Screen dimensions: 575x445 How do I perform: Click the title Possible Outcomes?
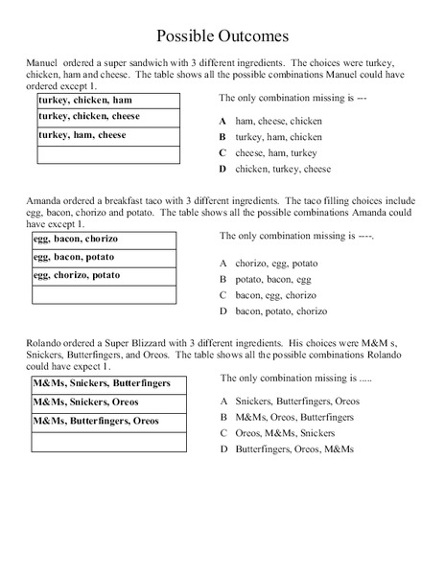pos(222,37)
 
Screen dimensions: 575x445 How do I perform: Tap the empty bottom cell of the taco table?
pos(105,294)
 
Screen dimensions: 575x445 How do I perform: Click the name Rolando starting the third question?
pos(38,342)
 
